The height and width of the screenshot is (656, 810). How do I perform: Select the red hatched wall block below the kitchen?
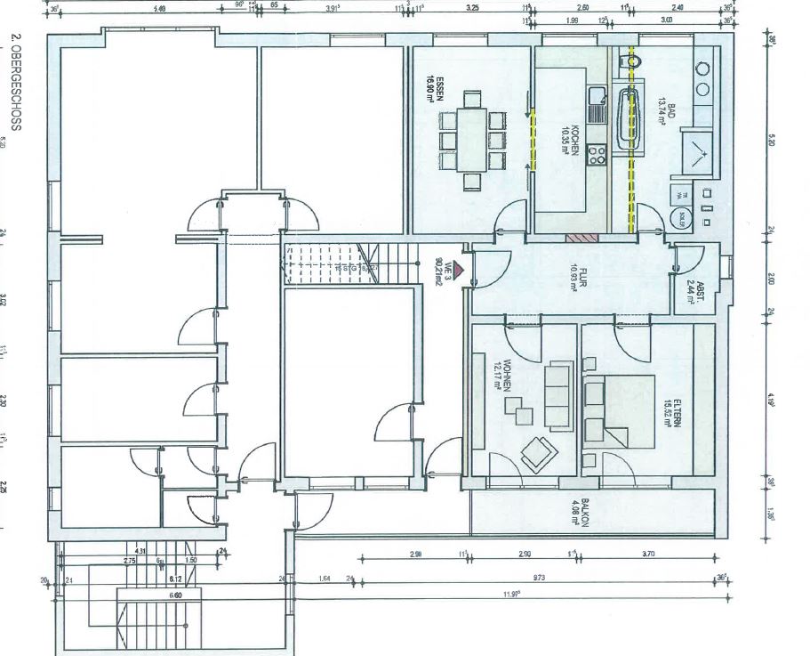point(580,237)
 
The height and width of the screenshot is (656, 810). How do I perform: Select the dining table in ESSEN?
point(470,139)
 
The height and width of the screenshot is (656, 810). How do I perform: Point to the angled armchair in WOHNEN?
point(536,453)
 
